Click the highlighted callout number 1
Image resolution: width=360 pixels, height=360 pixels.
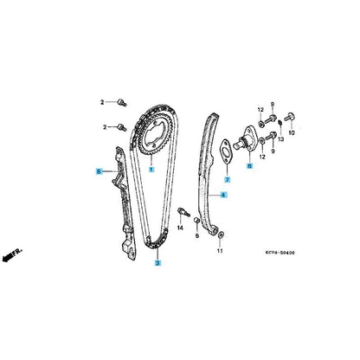click(151, 170)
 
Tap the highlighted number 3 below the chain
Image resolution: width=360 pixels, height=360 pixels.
click(157, 263)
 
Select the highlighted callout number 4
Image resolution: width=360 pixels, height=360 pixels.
click(223, 195)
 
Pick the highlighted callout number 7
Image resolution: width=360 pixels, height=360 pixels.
click(228, 180)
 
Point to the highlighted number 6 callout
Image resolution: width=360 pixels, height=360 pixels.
click(250, 166)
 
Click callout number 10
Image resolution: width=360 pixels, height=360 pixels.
click(292, 133)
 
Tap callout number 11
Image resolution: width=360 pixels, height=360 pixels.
click(220, 251)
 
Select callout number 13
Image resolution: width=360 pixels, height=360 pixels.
click(281, 139)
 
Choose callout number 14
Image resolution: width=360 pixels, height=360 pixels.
click(180, 228)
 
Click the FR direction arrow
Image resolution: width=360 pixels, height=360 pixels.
click(11, 254)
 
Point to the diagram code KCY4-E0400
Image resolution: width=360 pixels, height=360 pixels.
click(280, 253)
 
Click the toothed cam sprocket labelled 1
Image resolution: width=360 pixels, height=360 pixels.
click(156, 136)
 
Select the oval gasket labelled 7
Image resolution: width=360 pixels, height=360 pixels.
click(226, 151)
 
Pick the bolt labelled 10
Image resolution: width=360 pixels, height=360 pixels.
click(290, 117)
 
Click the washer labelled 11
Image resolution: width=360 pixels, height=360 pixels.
click(222, 235)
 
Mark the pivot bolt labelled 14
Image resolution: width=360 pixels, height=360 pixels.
click(183, 212)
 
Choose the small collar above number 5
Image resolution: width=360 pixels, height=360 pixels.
click(196, 221)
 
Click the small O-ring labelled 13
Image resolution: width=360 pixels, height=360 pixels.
click(280, 124)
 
